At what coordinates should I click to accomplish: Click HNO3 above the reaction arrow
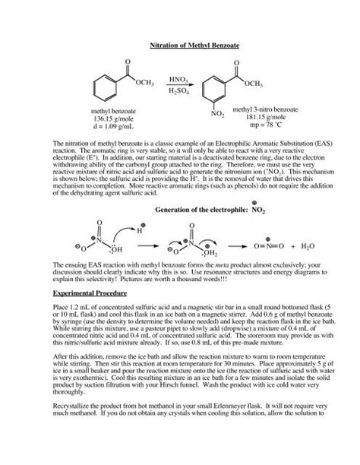[179, 79]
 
